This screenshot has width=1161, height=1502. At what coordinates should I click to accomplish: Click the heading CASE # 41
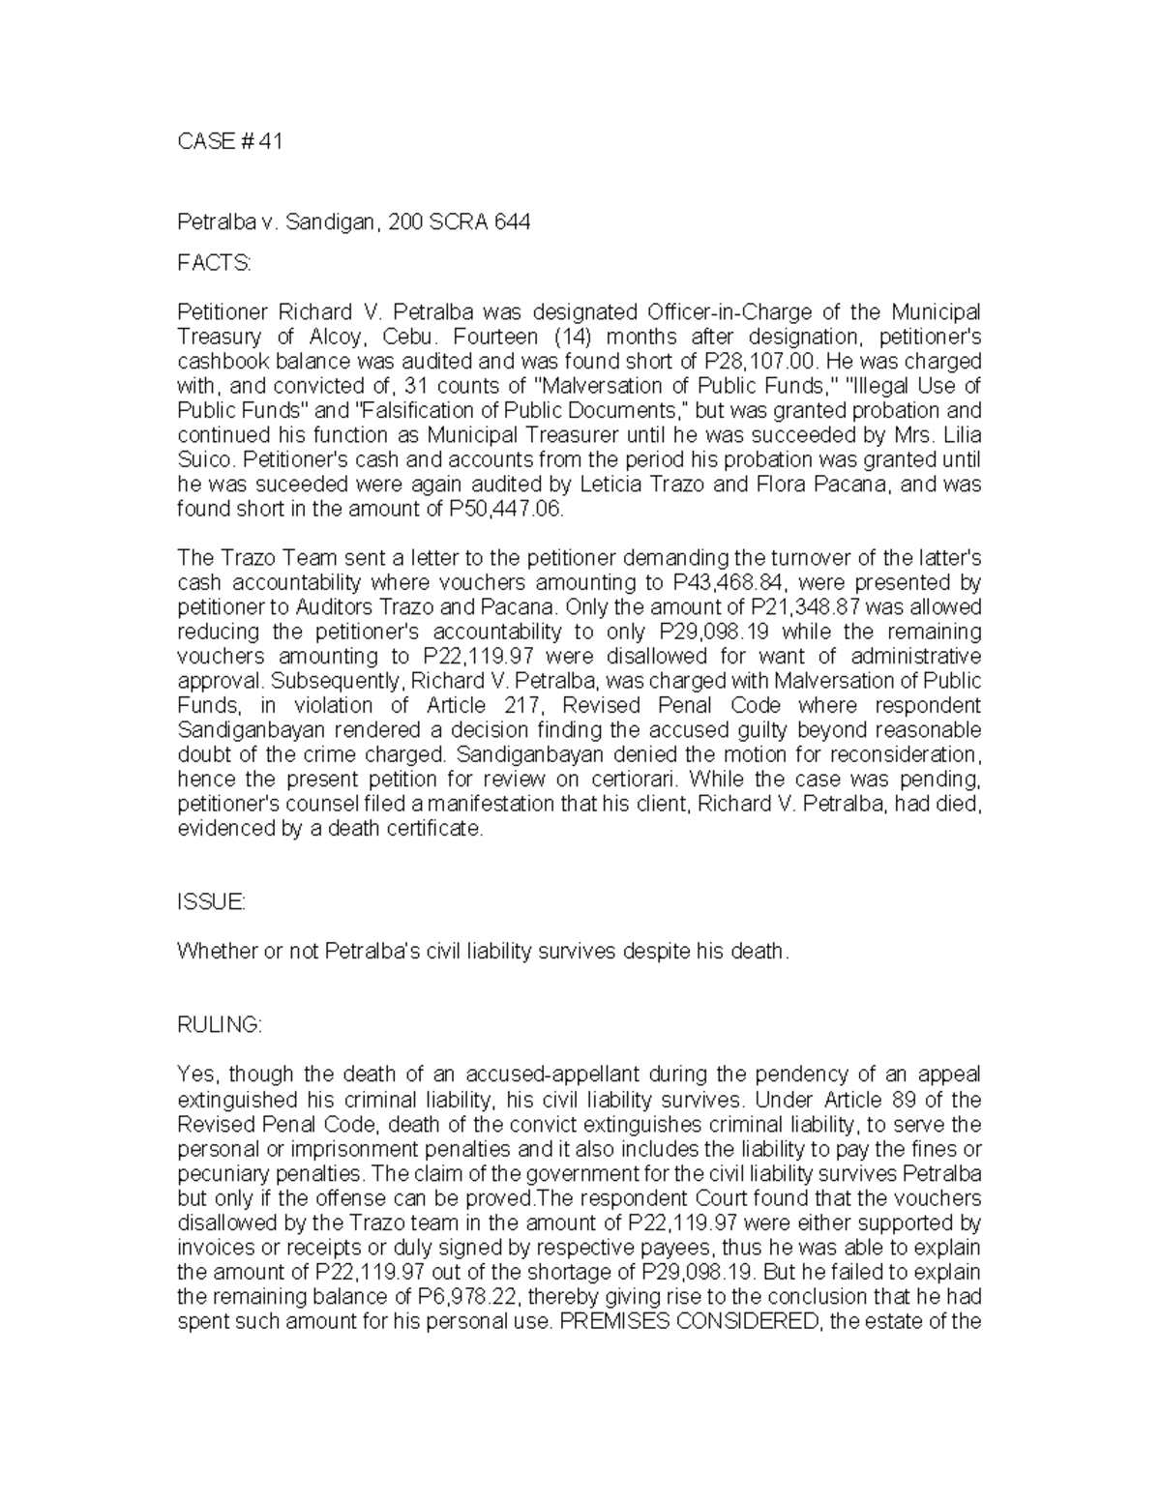click(x=229, y=141)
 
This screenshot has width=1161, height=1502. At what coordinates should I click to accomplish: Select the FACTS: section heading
click(x=214, y=263)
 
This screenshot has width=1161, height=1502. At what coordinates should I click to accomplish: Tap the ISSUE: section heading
click(x=211, y=901)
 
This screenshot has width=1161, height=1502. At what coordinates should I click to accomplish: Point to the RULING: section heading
click(x=220, y=1025)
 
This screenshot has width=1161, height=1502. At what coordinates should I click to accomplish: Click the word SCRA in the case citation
click(x=460, y=222)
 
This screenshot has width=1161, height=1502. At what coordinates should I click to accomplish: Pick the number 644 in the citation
click(x=512, y=222)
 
